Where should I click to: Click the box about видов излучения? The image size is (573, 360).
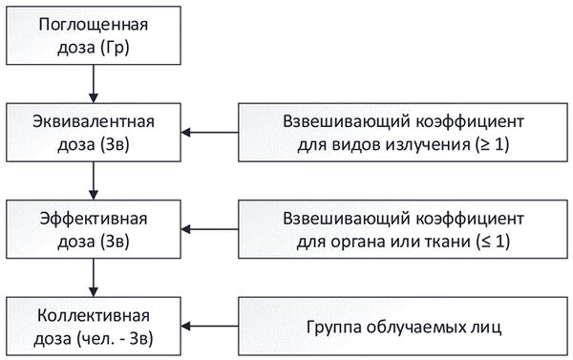404,133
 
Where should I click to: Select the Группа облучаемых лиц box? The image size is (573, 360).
404,326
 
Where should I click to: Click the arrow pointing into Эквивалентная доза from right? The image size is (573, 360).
211,133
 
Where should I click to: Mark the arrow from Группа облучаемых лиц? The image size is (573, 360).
211,327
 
